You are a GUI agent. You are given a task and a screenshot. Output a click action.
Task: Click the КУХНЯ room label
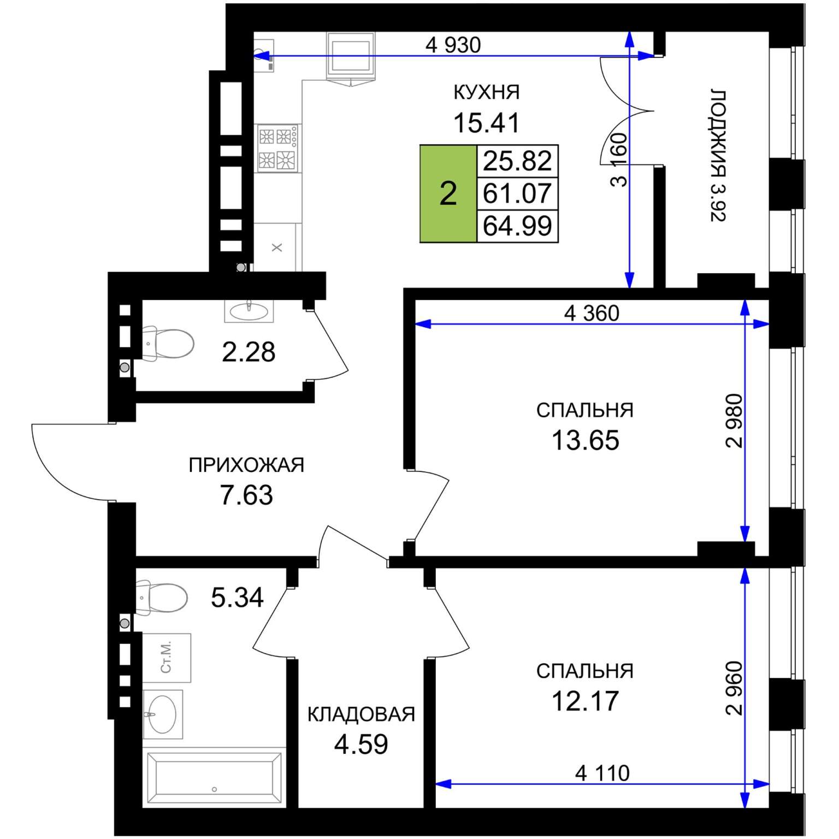coord(486,92)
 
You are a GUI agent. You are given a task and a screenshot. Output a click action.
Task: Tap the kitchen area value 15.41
coord(486,123)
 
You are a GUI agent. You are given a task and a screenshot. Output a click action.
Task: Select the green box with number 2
coord(448,194)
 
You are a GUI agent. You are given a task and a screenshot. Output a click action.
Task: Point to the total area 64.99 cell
coord(517,226)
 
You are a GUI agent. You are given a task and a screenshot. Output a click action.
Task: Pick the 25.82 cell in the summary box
coord(517,161)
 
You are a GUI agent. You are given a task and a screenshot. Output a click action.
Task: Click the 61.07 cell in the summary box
coord(517,193)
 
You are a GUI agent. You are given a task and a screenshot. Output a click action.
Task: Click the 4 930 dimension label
coord(453,45)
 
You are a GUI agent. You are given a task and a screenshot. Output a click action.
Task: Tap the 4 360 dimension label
coord(592,313)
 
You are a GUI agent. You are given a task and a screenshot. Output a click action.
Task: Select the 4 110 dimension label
coord(602,773)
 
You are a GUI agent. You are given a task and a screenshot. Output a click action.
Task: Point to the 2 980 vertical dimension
coord(734,421)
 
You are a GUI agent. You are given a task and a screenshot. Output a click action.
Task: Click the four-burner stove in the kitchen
coord(278,148)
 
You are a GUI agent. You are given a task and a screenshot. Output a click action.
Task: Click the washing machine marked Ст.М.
coord(167,658)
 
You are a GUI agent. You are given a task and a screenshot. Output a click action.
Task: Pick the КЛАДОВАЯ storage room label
coord(361,714)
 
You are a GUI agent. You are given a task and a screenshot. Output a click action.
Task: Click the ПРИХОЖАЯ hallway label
coord(246,465)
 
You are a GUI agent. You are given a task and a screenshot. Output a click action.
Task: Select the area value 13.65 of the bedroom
coord(585,440)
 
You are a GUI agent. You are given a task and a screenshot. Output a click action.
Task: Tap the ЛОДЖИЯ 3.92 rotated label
coord(718,155)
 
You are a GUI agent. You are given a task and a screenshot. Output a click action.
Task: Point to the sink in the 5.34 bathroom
coord(162,714)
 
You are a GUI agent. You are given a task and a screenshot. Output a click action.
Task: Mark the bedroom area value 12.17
coord(585,701)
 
